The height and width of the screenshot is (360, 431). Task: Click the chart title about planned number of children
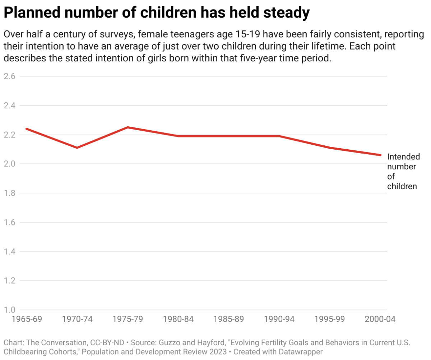[x=156, y=13]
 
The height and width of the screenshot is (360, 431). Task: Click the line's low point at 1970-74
[x=77, y=148]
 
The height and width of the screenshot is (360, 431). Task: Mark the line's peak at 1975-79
[x=128, y=127]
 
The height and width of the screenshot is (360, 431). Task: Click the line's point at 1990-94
[x=279, y=136]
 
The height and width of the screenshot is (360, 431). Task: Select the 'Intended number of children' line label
[x=403, y=172]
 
